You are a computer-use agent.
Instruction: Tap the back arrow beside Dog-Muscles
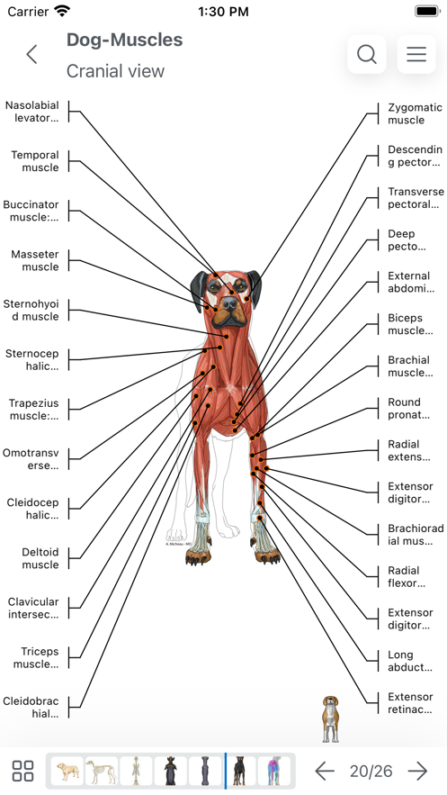[31, 54]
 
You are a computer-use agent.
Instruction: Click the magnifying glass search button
[367, 54]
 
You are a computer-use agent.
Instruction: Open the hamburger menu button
[416, 54]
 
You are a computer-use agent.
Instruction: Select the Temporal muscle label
[35, 161]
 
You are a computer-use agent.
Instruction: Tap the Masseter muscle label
[35, 260]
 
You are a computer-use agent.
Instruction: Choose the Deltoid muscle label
[40, 558]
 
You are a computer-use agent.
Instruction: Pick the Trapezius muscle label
[33, 409]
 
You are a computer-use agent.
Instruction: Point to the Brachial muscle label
[410, 366]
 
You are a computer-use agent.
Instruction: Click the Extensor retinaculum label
[410, 703]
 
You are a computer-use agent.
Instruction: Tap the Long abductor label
[409, 661]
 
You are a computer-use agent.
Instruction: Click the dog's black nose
[229, 303]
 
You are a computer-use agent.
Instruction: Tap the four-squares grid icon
[22, 771]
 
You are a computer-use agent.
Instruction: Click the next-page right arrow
[417, 772]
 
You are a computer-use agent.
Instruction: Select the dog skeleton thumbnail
[102, 771]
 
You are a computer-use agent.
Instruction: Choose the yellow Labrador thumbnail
[67, 771]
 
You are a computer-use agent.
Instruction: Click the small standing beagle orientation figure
[330, 719]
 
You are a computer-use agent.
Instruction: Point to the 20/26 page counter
[371, 772]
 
